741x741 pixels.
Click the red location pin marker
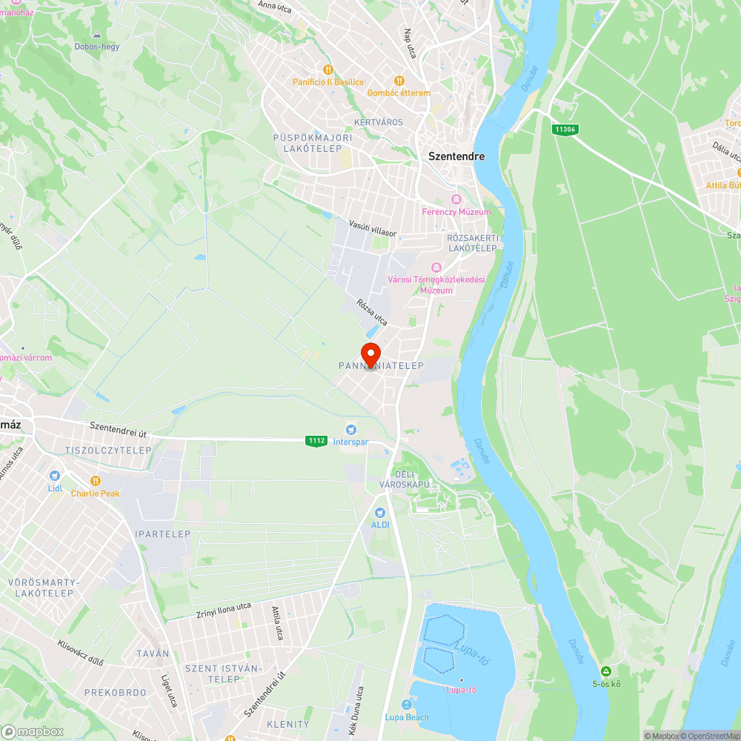370,353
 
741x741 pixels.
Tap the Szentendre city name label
456,156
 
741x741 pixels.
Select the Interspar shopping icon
351,429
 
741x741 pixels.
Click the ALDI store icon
380,512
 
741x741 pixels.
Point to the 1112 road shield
316,441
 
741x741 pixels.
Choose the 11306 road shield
565,129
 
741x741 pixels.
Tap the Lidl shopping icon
54,476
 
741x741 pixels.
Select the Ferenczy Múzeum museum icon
456,199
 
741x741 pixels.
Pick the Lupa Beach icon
406,705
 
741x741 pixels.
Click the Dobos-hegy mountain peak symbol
96,34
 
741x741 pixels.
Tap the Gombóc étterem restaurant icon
399,81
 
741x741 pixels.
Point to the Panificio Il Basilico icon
319,70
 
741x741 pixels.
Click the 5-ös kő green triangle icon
605,671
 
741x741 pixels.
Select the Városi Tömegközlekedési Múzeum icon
436,267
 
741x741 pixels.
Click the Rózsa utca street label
371,312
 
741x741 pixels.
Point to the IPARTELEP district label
162,534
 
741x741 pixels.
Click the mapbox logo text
33,731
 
